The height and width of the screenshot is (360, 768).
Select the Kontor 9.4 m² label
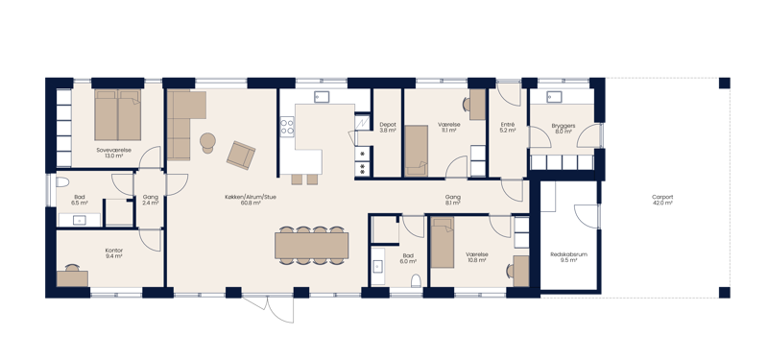(x=113, y=253)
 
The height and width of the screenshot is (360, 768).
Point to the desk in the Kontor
(x=72, y=278)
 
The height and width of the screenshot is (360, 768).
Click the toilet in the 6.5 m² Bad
(x=61, y=182)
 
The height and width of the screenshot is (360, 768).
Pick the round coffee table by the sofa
(x=206, y=141)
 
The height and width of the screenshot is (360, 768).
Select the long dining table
(x=311, y=246)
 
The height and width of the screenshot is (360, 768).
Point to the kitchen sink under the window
(x=323, y=95)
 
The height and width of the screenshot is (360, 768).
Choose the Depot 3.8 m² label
(x=387, y=127)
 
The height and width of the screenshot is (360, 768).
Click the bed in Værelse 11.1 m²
(x=416, y=150)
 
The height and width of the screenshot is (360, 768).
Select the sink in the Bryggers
(x=553, y=96)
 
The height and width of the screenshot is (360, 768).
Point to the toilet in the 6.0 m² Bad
(x=415, y=281)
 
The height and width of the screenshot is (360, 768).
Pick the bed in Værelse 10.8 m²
(x=442, y=244)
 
